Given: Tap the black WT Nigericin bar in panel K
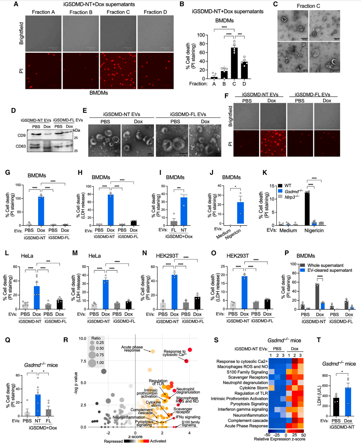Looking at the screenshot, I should pyautogui.click(x=307, y=209).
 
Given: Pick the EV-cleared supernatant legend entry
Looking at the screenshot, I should pyautogui.click(x=329, y=270).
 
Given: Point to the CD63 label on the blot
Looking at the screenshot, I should pyautogui.click(x=21, y=146).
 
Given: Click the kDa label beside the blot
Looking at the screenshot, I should pyautogui.click(x=76, y=130).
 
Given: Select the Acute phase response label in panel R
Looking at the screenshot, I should pyautogui.click(x=132, y=348).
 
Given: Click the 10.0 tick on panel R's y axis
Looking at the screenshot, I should pyautogui.click(x=82, y=339).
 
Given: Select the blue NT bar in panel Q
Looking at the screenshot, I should pyautogui.click(x=38, y=405).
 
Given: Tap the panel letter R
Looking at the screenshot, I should pyautogui.click(x=66, y=340).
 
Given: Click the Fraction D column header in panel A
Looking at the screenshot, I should pyautogui.click(x=155, y=12).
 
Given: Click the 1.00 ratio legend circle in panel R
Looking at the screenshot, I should pyautogui.click(x=92, y=363).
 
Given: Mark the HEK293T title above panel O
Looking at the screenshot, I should pyautogui.click(x=238, y=256).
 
